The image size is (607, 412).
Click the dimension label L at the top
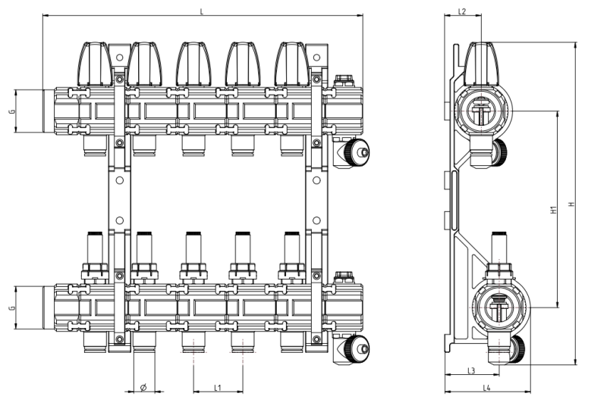click(x=201, y=11)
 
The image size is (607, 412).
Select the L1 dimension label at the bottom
click(x=217, y=388)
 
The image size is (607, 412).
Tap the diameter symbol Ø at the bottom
click(x=143, y=388)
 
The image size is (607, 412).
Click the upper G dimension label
click(x=11, y=111)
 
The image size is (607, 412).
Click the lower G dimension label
click(x=11, y=308)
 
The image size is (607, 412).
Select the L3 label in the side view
click(x=470, y=370)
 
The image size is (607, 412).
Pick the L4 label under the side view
click(x=487, y=388)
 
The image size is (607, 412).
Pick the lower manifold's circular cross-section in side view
click(x=498, y=308)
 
